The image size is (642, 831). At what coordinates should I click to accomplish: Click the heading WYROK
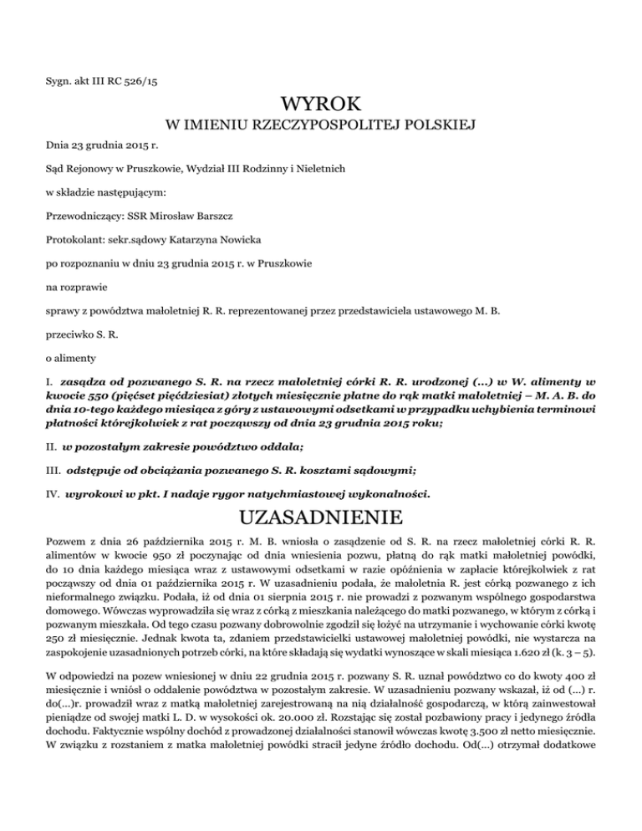click(321, 105)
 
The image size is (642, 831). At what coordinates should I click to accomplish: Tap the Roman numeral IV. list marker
click(53, 494)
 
